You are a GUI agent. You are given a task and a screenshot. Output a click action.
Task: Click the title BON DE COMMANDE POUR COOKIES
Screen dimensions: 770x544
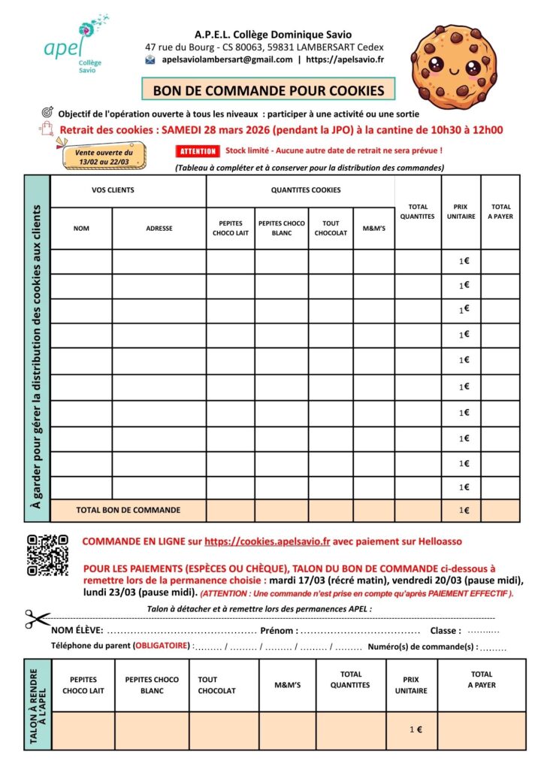pyautogui.click(x=268, y=90)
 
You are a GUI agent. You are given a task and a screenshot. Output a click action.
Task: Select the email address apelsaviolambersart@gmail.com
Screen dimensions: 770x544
pyautogui.click(x=227, y=59)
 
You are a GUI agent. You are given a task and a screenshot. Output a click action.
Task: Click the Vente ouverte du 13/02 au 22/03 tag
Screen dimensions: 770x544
pyautogui.click(x=104, y=156)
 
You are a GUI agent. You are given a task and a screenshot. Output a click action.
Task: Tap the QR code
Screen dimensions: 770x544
pyautogui.click(x=47, y=555)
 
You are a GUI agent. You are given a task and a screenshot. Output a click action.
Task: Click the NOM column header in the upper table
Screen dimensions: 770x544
pyautogui.click(x=81, y=229)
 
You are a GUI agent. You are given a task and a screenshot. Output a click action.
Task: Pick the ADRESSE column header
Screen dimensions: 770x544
pyautogui.click(x=159, y=229)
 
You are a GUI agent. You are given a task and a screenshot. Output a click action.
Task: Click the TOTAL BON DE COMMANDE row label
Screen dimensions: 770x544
pyautogui.click(x=128, y=510)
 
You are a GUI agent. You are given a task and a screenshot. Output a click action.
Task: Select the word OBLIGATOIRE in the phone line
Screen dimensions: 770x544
pyautogui.click(x=162, y=646)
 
